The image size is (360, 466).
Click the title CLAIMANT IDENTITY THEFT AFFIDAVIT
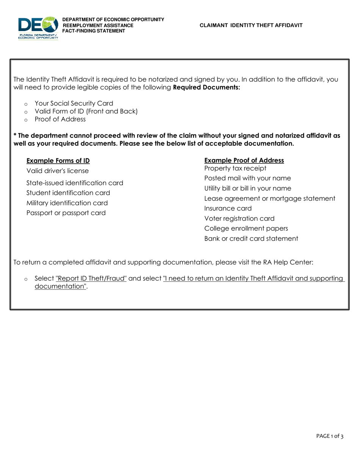[x=251, y=25]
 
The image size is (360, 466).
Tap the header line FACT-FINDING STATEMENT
[x=94, y=31]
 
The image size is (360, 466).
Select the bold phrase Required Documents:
[x=207, y=88]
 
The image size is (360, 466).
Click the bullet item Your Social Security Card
[x=74, y=103]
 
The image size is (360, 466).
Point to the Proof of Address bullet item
[x=60, y=119]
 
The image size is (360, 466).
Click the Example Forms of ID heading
[x=58, y=161]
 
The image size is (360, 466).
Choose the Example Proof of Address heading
[x=244, y=161]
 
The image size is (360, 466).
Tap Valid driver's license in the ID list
[x=58, y=171]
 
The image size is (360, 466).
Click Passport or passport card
[x=66, y=213]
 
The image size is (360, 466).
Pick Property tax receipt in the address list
[x=235, y=168]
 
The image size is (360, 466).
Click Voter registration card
[x=239, y=219]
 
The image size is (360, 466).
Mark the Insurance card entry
[x=228, y=208]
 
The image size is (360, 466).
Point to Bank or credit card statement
[x=251, y=239]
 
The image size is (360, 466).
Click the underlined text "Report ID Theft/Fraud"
[x=91, y=278]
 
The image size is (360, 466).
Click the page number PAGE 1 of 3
[x=330, y=436]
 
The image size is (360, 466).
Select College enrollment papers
[x=246, y=228]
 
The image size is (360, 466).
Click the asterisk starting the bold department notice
[x=15, y=135]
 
